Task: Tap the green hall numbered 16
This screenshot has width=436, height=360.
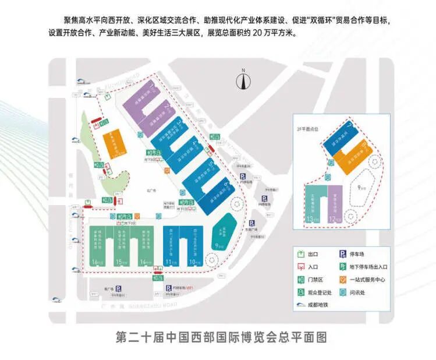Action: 97,245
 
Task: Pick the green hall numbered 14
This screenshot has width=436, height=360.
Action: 145,245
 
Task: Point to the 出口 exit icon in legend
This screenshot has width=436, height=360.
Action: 300,254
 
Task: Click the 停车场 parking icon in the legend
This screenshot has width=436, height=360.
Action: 344,254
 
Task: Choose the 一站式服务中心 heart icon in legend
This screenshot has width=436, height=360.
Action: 344,280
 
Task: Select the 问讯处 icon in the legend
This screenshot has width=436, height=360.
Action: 344,292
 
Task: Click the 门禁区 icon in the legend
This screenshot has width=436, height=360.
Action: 300,280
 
